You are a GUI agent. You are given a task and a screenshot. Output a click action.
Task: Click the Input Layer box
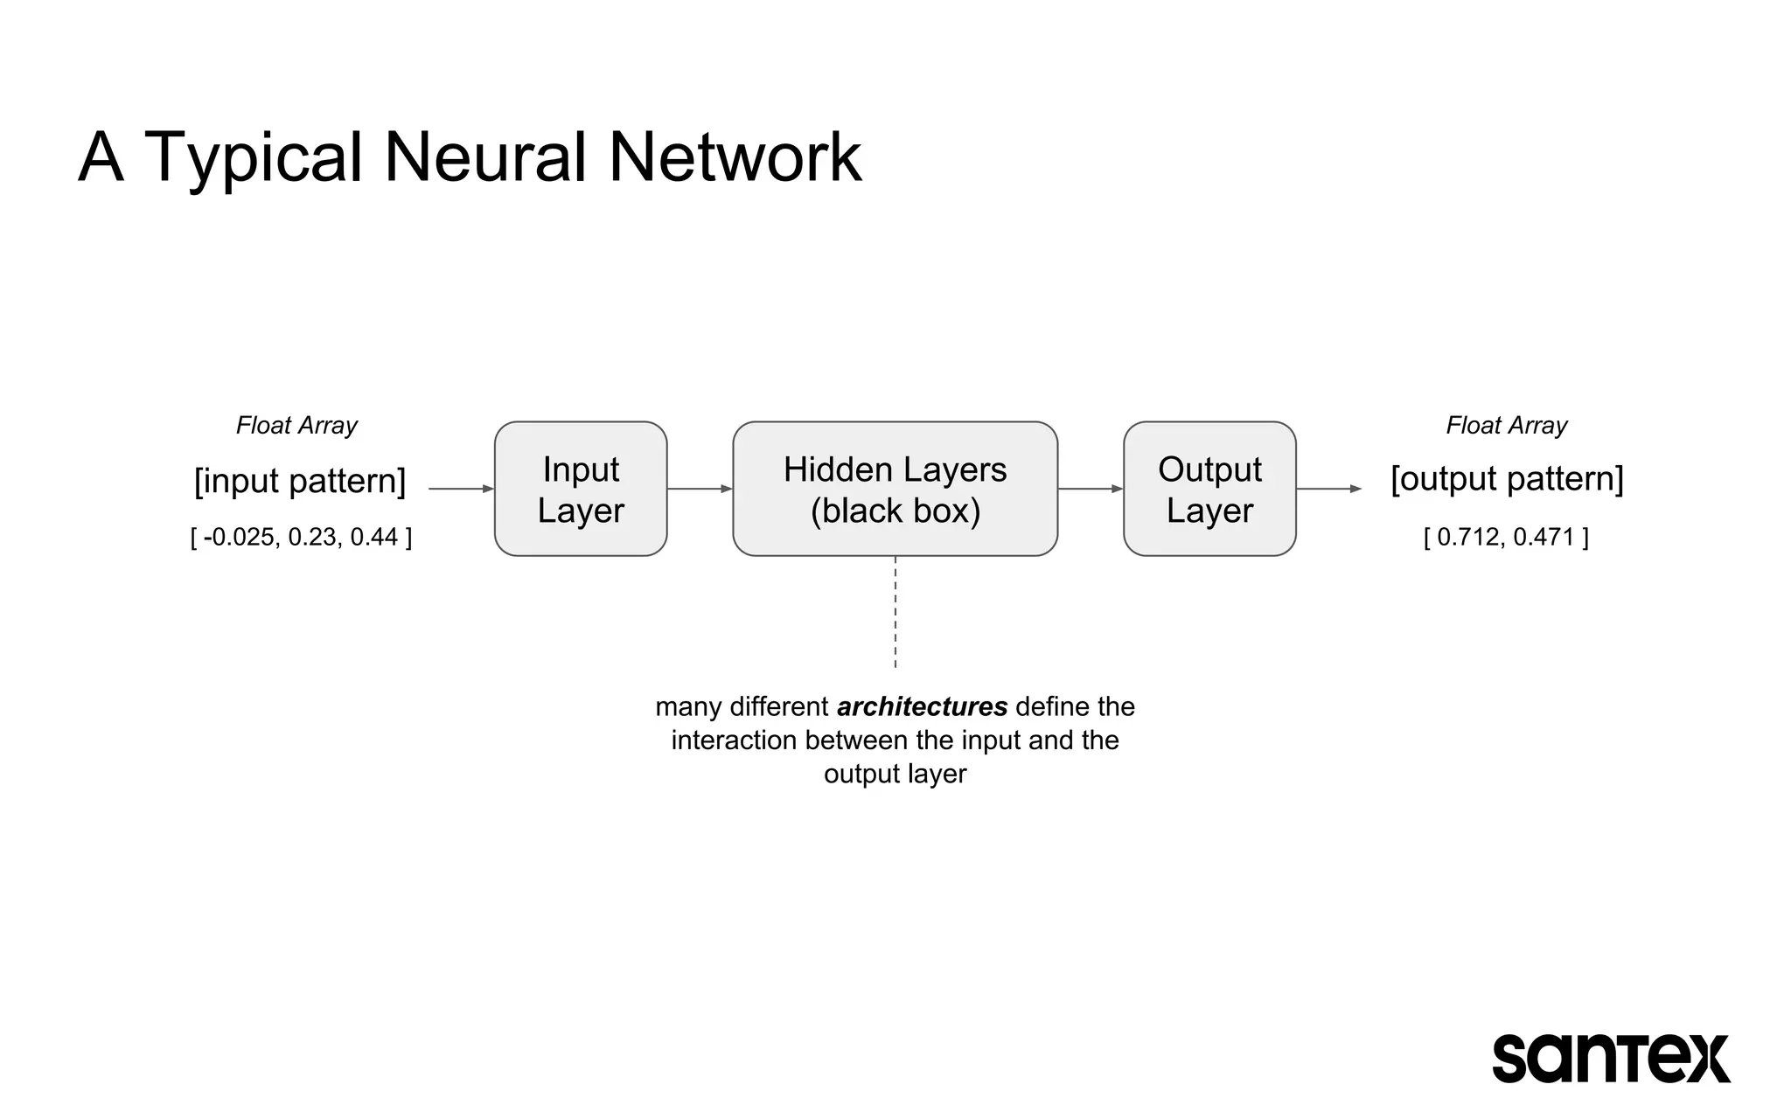pos(581,489)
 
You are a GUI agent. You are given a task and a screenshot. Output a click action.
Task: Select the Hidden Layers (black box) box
pos(895,489)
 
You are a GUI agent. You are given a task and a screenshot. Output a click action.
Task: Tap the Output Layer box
pos(1209,489)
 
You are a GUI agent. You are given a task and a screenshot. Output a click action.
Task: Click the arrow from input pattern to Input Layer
pos(461,489)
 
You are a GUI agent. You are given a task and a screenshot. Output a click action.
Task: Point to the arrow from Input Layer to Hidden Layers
pos(700,489)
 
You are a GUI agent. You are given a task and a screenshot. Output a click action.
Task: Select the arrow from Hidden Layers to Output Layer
pos(1091,489)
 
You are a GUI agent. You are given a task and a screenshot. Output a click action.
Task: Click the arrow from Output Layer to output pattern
pos(1328,489)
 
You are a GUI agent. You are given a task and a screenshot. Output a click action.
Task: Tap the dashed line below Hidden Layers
pos(895,612)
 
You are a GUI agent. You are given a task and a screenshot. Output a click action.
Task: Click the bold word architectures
pos(922,706)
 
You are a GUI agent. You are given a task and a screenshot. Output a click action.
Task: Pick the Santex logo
pos(1610,1058)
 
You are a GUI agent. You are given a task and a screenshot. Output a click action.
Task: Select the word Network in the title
pos(735,157)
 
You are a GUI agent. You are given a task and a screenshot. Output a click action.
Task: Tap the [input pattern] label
pos(300,481)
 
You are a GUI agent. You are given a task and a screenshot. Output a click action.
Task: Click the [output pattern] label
pos(1507,479)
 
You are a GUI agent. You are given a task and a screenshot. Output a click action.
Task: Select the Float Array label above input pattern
pos(296,426)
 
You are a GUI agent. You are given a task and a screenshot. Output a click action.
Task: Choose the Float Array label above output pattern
pos(1506,426)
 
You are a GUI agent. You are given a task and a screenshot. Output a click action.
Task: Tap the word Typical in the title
pos(253,159)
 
